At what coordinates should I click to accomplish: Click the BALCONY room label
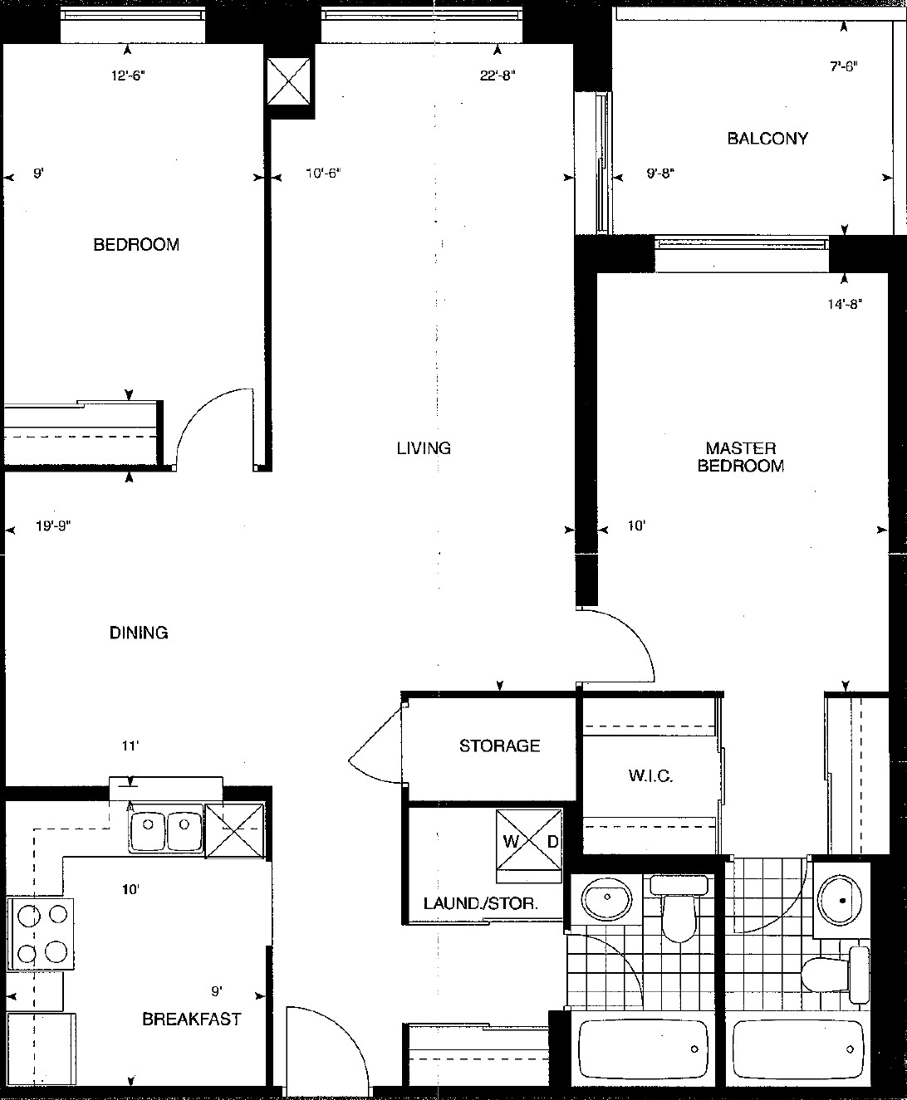pos(767,139)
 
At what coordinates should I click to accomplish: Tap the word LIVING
pos(424,448)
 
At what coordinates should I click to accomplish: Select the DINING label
pos(139,632)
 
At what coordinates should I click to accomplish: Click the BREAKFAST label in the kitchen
pos(192,1019)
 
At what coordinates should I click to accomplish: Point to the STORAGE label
pos(500,746)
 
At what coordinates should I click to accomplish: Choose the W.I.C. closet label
pos(650,775)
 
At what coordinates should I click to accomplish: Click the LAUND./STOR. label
pos(481,903)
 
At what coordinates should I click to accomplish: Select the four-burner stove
pos(41,935)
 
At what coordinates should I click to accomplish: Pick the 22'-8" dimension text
pos(497,76)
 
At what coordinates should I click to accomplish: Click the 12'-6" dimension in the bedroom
pos(128,76)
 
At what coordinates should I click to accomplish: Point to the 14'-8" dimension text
pos(844,304)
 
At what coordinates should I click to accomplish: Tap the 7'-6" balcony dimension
pos(844,66)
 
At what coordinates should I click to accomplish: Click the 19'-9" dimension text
pos(53,526)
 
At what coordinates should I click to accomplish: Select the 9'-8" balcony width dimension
pos(660,173)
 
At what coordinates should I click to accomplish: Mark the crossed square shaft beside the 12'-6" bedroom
pos(289,81)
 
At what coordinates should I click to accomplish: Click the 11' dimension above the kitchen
pos(130,746)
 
